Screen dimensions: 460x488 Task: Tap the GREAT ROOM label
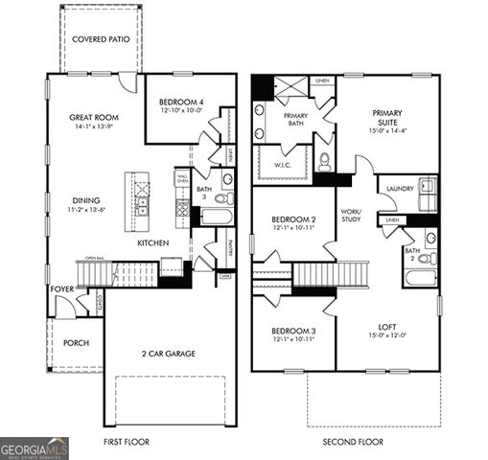[x=92, y=119]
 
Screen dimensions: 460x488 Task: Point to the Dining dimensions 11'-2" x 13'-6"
[x=92, y=209]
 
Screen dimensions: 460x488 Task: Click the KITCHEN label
[x=153, y=243]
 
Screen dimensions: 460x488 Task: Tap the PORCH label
[x=76, y=342]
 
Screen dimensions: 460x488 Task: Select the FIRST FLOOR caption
[x=127, y=442]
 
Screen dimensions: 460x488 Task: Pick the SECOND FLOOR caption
[x=354, y=442]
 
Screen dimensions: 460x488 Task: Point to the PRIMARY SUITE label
[x=387, y=118]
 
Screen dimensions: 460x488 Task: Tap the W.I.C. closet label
[x=283, y=164]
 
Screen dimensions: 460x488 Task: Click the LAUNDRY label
[x=400, y=189]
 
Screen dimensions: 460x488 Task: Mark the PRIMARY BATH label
[x=294, y=120]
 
